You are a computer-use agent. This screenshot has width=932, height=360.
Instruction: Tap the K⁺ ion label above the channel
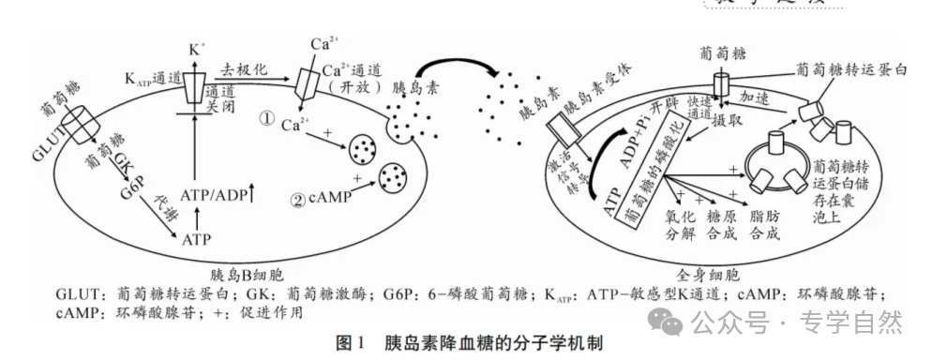click(196, 48)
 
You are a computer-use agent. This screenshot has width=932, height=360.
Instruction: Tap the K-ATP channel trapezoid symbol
click(195, 86)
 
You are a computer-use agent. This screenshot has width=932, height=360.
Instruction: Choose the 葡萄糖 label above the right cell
click(722, 54)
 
